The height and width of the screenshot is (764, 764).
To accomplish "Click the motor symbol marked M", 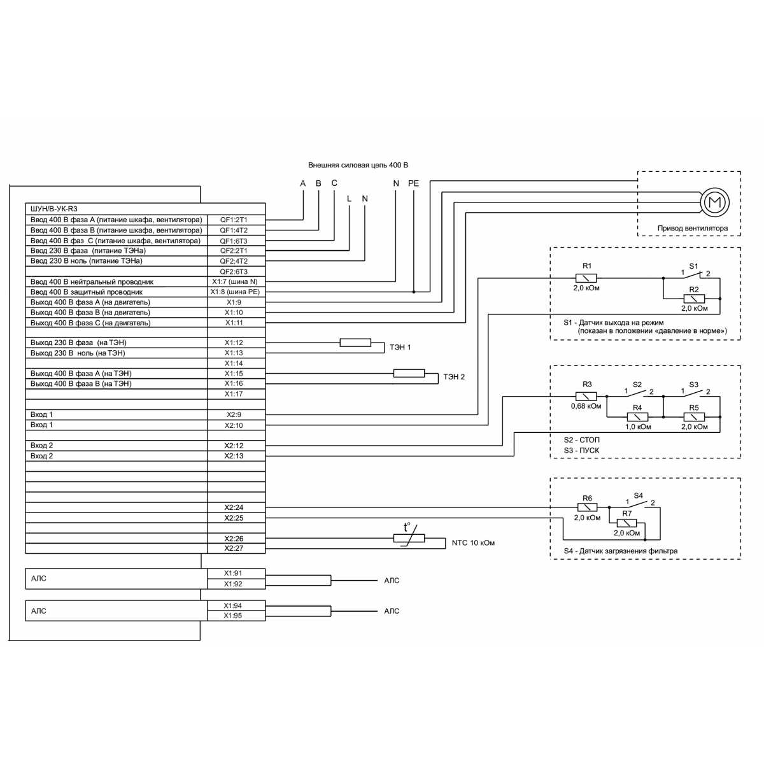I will pyautogui.click(x=714, y=203).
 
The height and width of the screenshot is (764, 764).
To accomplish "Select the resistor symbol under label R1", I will pyautogui.click(x=586, y=278).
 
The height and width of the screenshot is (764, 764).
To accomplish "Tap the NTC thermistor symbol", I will pyautogui.click(x=409, y=539).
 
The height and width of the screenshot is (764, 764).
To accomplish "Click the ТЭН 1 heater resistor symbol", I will pyautogui.click(x=355, y=343).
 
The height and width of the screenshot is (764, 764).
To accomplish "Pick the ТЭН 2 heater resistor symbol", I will pyautogui.click(x=409, y=373).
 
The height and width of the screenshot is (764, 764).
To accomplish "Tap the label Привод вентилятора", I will pyautogui.click(x=692, y=228).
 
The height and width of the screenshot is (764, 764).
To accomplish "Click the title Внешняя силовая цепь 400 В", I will pyautogui.click(x=358, y=164).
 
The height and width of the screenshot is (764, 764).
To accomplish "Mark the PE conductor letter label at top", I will pyautogui.click(x=414, y=183).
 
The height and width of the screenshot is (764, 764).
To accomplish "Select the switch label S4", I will pyautogui.click(x=638, y=495).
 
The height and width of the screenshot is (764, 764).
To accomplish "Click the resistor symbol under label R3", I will pyautogui.click(x=586, y=396).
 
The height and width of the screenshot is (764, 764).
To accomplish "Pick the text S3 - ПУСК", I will pyautogui.click(x=581, y=450).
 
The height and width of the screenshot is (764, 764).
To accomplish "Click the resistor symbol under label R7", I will pyautogui.click(x=627, y=523).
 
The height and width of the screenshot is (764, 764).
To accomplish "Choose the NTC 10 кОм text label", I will pyautogui.click(x=473, y=543).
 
